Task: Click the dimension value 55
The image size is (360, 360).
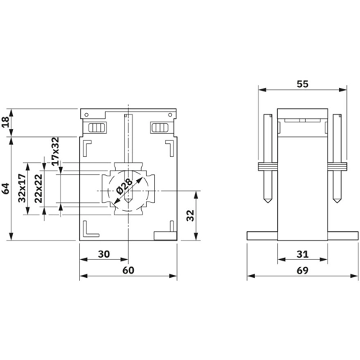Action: click(x=302, y=84)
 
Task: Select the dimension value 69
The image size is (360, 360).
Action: click(x=302, y=271)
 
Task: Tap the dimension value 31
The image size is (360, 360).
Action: click(x=302, y=254)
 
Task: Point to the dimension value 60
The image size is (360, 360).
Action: click(x=128, y=270)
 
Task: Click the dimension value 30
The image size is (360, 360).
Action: click(x=104, y=254)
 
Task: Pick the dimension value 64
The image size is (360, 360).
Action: click(x=5, y=189)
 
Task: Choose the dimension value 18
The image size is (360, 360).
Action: click(x=5, y=122)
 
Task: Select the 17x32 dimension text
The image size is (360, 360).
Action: click(x=55, y=151)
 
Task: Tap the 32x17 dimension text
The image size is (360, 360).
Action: click(x=22, y=189)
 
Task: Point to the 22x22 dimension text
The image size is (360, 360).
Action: click(x=38, y=189)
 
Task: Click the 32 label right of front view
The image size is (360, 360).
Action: click(x=190, y=215)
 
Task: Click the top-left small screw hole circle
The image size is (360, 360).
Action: click(x=86, y=115)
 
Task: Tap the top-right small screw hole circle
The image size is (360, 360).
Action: click(x=170, y=114)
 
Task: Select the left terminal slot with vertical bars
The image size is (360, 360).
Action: click(x=97, y=127)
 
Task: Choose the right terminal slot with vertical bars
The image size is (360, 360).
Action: click(x=160, y=127)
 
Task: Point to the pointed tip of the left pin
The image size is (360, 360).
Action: click(x=268, y=203)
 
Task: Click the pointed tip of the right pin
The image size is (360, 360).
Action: click(x=337, y=203)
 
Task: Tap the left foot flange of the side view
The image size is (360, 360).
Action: click(x=262, y=235)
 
